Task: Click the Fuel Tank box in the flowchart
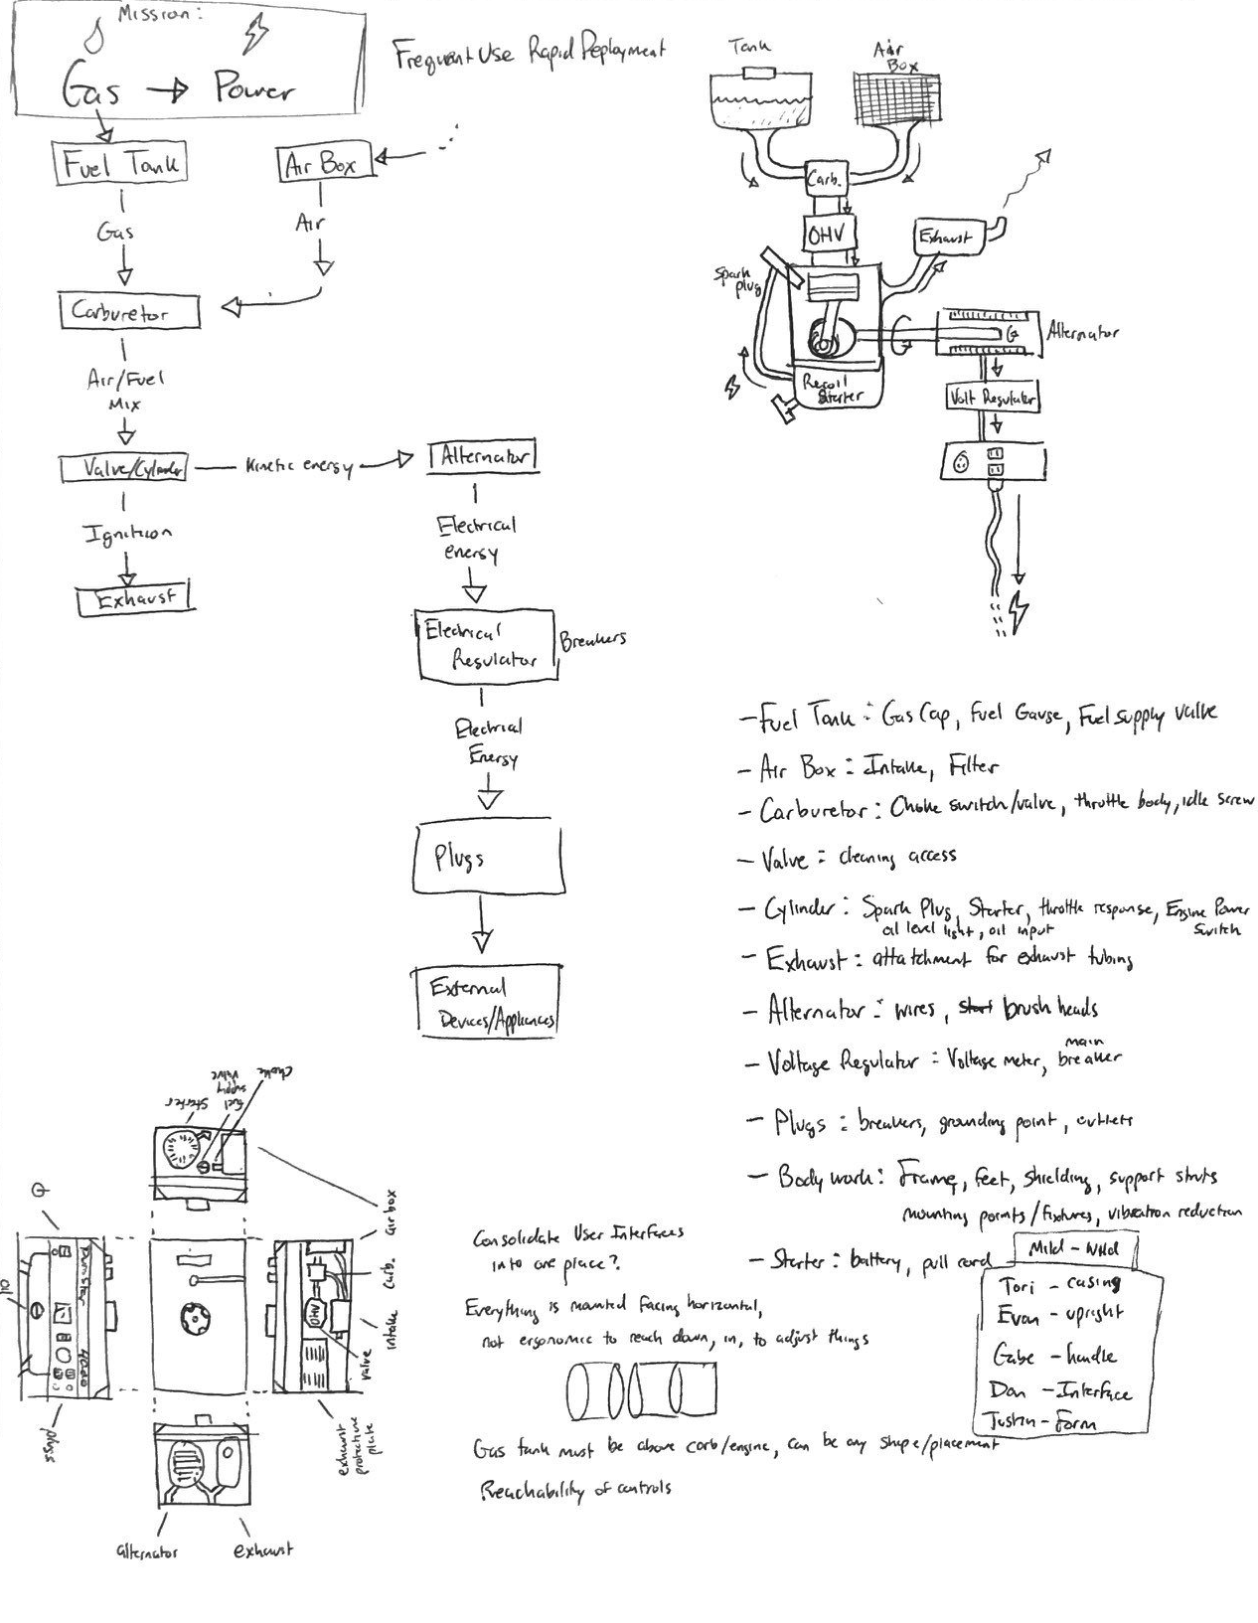(119, 163)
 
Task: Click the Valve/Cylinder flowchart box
(122, 468)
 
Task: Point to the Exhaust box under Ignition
(135, 598)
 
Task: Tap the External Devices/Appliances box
(487, 1002)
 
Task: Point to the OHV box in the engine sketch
(825, 236)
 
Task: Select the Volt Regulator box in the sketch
(991, 398)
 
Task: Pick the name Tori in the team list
(1015, 1286)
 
